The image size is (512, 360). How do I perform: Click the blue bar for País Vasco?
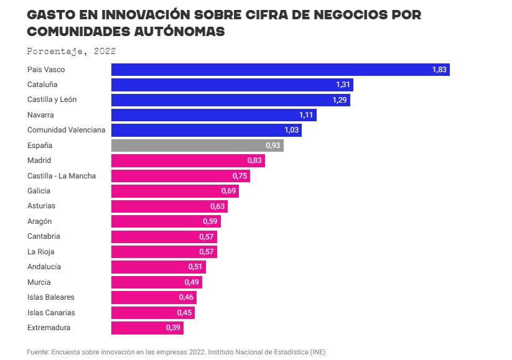(x=280, y=69)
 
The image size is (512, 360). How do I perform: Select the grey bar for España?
(x=197, y=145)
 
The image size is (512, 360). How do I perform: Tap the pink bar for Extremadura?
(x=147, y=328)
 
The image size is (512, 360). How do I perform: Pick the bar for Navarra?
(x=213, y=115)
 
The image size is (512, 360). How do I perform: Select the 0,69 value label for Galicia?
(x=229, y=191)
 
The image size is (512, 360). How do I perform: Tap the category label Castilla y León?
(x=52, y=99)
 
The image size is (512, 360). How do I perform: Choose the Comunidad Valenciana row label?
(x=67, y=130)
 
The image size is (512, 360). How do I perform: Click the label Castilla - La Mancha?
(x=62, y=176)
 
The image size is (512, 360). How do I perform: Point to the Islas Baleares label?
(x=51, y=297)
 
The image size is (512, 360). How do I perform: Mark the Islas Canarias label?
(x=52, y=313)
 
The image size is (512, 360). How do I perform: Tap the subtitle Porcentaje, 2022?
(x=72, y=51)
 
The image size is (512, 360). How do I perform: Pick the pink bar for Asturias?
(x=169, y=206)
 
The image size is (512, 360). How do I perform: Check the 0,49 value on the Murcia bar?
(x=192, y=282)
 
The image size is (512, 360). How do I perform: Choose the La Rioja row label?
(x=41, y=252)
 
